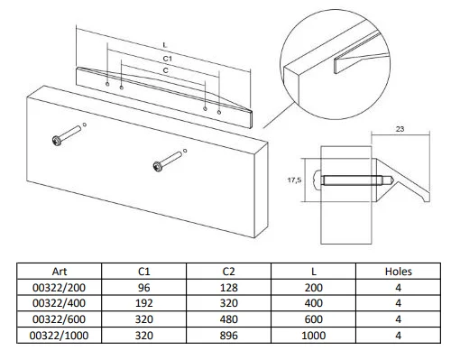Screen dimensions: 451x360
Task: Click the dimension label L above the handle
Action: [164, 45]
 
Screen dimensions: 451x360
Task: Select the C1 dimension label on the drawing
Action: [167, 59]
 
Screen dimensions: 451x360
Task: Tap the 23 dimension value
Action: [400, 129]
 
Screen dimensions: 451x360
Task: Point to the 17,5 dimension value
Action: [294, 180]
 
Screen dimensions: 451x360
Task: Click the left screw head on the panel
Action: [57, 141]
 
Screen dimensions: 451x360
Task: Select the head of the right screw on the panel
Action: [158, 167]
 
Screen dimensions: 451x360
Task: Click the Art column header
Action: [60, 272]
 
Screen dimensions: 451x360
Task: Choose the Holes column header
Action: [398, 272]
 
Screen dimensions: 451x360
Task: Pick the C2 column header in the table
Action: [228, 272]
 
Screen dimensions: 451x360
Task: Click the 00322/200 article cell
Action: [59, 288]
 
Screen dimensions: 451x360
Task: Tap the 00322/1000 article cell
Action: [59, 336]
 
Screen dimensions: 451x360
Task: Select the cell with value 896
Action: [228, 336]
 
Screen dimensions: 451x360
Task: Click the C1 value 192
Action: [143, 303]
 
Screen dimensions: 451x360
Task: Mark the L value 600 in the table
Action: [314, 319]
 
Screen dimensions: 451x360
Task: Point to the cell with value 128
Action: [228, 288]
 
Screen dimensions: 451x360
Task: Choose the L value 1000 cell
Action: [314, 336]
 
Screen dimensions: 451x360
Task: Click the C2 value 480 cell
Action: [228, 319]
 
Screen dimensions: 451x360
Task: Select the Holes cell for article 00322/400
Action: [398, 303]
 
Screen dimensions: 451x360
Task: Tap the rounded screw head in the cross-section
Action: [317, 180]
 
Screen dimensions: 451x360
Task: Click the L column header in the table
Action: [314, 272]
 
